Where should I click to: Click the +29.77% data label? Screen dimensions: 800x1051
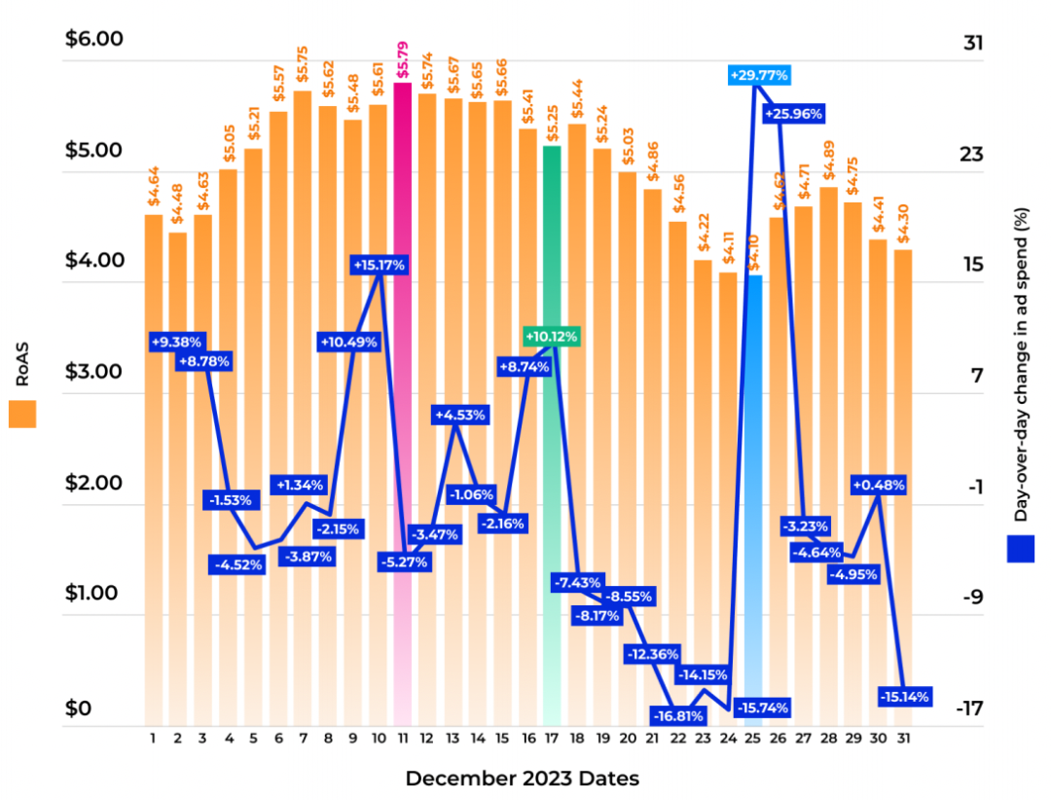pyautogui.click(x=758, y=75)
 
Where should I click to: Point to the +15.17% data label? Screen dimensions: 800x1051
pyautogui.click(x=379, y=265)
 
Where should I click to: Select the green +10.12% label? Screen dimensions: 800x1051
pyautogui.click(x=551, y=337)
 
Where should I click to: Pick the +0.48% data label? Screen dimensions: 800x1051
pyautogui.click(x=879, y=485)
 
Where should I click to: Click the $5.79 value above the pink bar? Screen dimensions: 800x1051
pyautogui.click(x=403, y=60)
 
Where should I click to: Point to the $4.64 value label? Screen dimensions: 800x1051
pyautogui.click(x=154, y=192)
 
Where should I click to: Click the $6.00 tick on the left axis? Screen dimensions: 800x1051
pyautogui.click(x=93, y=40)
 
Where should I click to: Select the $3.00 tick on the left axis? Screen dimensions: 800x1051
pyautogui.click(x=93, y=373)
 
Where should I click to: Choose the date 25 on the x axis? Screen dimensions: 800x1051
pyautogui.click(x=752, y=739)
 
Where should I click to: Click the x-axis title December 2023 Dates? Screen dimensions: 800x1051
pyautogui.click(x=522, y=779)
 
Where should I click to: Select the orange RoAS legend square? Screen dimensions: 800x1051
pyautogui.click(x=22, y=414)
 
